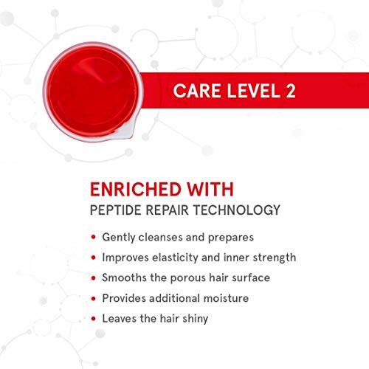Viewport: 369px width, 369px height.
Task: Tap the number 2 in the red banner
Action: point(291,91)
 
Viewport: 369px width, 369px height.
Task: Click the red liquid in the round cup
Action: point(92,91)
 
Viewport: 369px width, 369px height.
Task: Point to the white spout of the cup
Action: point(125,131)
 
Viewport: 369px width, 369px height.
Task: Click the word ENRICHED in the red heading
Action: point(135,189)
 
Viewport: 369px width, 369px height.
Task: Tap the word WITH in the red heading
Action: point(210,189)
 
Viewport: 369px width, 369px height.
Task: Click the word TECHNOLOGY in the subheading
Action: point(236,210)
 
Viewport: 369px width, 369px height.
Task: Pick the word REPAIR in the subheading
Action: point(167,210)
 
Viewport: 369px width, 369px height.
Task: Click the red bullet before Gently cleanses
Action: point(93,237)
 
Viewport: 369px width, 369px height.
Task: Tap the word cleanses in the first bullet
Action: point(160,237)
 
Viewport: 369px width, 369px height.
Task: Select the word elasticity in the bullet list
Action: point(175,258)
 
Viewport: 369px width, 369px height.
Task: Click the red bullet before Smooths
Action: point(93,278)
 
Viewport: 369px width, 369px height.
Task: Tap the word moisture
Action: point(226,298)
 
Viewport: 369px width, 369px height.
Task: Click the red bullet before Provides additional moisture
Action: point(93,298)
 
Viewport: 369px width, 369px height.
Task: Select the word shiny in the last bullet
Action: point(196,319)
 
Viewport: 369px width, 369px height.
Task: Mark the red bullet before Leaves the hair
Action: point(93,319)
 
